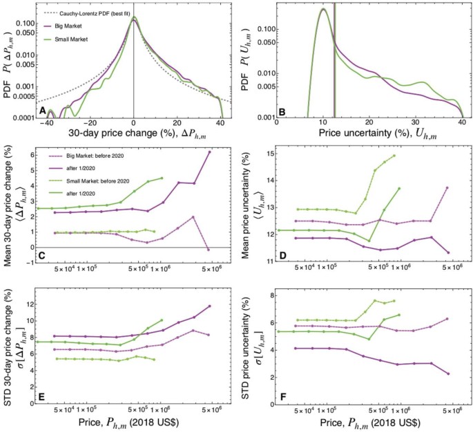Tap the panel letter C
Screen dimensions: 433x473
44,255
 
